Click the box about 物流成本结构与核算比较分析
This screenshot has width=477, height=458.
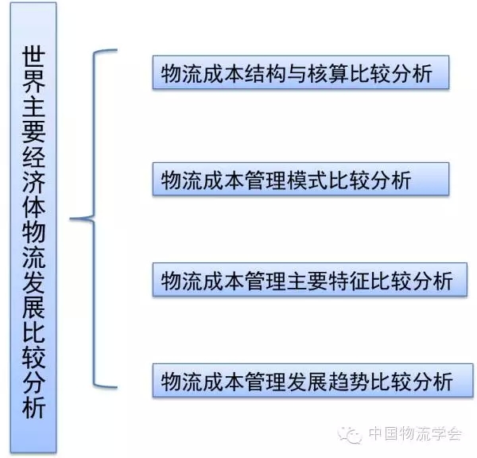click(x=301, y=74)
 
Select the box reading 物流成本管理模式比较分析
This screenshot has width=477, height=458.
click(x=301, y=178)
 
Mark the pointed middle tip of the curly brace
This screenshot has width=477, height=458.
click(x=72, y=219)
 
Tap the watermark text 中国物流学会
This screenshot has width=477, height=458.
click(x=413, y=434)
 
